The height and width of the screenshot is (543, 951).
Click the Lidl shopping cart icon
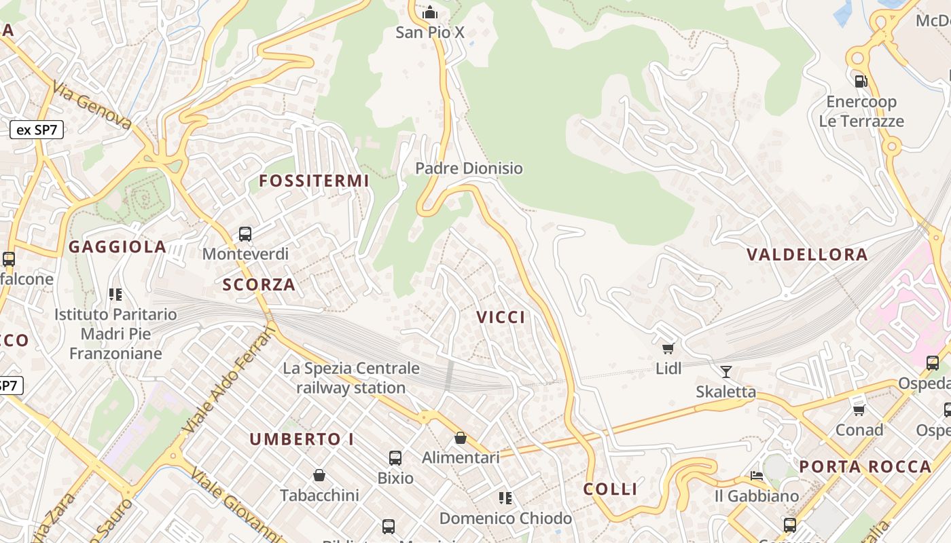668,349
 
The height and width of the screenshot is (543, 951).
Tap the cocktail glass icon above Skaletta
725,371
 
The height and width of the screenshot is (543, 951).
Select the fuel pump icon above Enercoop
861,81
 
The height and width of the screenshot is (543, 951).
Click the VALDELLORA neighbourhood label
807,255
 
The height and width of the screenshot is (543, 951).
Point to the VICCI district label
501,317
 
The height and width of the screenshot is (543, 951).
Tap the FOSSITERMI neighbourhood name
314,181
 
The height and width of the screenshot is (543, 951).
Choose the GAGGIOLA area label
118,247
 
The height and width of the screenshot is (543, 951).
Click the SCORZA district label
259,284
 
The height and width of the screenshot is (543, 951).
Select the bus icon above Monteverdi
245,234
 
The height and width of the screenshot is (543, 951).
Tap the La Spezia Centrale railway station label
351,378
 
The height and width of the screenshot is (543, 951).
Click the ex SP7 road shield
37,130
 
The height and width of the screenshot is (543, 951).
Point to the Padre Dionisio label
469,168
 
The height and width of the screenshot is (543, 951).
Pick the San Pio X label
430,32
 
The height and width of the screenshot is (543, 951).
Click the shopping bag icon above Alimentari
461,438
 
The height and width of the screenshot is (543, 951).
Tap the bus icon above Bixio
395,458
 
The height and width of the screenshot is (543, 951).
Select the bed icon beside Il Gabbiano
757,476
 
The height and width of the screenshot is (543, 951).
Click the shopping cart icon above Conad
859,410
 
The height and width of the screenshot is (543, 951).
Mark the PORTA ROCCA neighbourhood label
865,466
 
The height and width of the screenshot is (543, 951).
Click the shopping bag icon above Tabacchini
319,475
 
